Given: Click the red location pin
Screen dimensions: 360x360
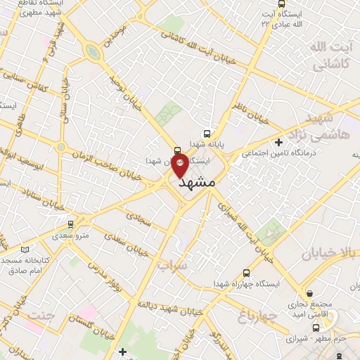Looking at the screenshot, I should click(180, 165).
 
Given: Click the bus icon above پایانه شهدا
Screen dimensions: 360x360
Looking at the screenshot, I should click(206, 133).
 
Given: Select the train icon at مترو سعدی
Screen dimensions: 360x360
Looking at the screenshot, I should click(70, 224).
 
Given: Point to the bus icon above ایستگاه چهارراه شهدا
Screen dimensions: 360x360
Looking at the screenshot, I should click(245, 273).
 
